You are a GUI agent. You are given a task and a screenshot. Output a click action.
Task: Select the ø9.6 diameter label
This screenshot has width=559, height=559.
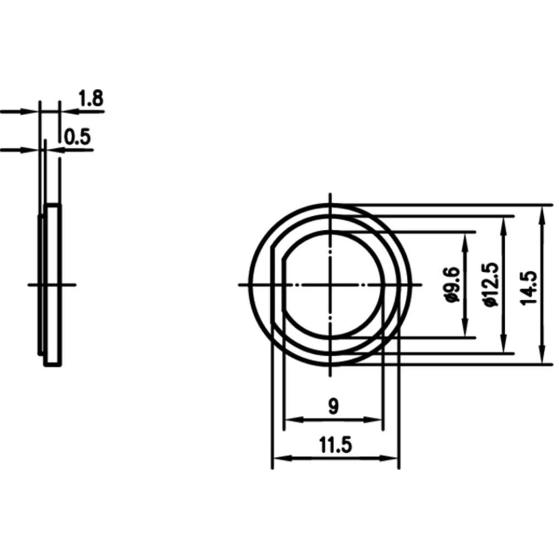453,285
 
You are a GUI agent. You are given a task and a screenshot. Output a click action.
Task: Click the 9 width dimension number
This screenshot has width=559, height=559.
333,406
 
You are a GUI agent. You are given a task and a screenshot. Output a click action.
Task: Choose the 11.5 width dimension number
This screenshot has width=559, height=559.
335,446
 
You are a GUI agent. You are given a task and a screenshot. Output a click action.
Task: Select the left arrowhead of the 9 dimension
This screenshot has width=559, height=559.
290,420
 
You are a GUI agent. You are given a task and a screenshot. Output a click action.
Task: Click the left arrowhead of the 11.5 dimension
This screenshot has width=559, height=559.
278,459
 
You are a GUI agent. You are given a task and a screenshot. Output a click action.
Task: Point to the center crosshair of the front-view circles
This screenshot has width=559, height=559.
332,285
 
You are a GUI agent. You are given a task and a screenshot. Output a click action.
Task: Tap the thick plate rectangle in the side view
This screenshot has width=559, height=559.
53,285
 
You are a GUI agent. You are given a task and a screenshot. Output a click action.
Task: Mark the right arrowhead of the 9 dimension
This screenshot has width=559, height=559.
377,420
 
